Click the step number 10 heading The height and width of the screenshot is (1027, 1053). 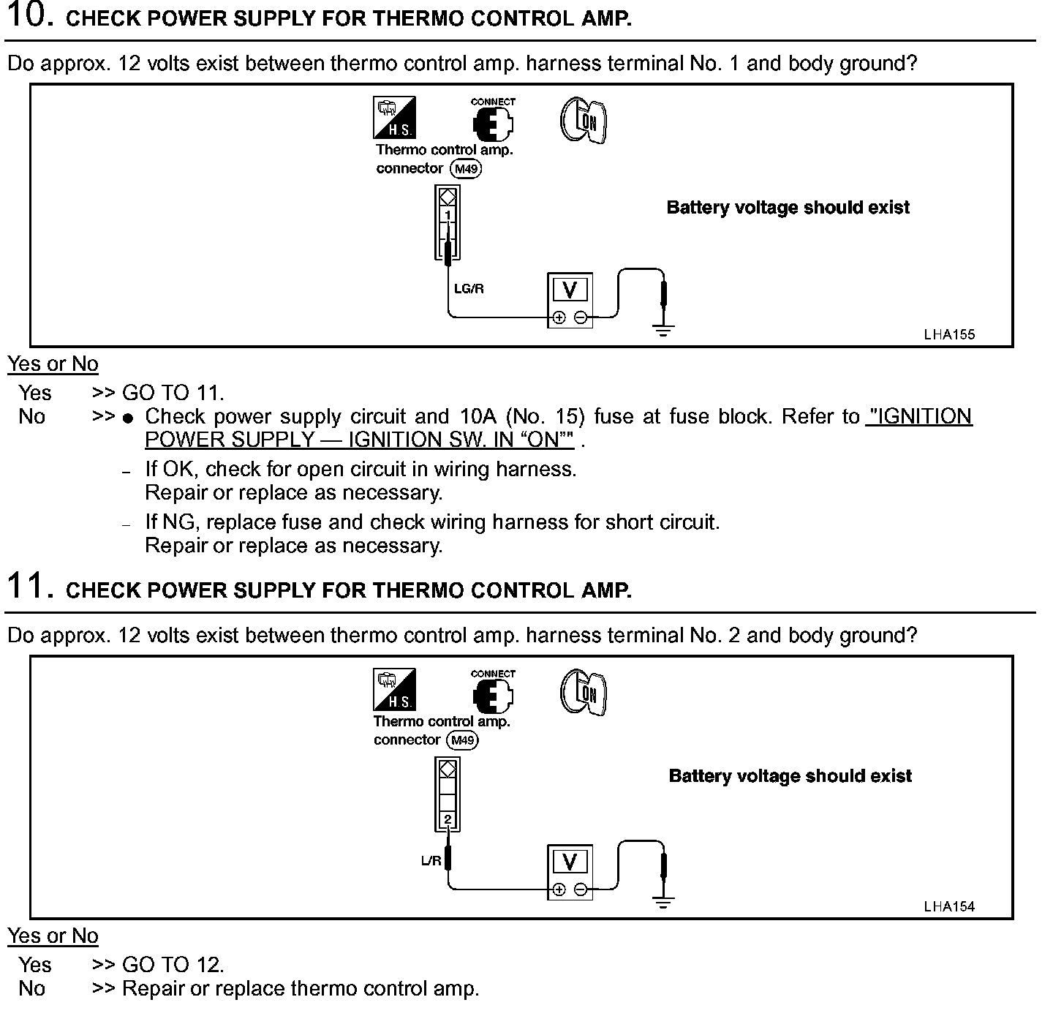click(x=29, y=15)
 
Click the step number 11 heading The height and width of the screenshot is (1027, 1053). click(x=29, y=587)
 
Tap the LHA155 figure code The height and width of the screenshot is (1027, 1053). click(x=949, y=334)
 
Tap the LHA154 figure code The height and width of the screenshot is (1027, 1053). click(x=949, y=906)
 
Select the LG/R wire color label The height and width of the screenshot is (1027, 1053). click(x=469, y=289)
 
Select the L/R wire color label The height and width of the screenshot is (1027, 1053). click(x=431, y=861)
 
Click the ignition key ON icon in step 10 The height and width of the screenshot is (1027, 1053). click(x=584, y=121)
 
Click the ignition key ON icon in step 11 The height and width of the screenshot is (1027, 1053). click(x=584, y=693)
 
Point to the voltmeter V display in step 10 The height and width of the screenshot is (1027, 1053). click(x=570, y=291)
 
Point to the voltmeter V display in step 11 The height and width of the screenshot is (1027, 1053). click(x=570, y=862)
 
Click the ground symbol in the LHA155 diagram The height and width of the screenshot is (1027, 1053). click(x=663, y=330)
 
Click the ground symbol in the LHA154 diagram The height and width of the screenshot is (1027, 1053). click(x=663, y=902)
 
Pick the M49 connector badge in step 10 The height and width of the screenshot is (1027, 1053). click(x=466, y=169)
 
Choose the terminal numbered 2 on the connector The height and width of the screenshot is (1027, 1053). click(x=448, y=819)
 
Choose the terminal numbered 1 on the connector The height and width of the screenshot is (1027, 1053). click(x=448, y=214)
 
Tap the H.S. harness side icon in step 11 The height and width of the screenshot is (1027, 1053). click(x=394, y=689)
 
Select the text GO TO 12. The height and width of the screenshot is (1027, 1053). click(x=173, y=965)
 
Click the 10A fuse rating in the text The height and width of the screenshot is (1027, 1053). click(x=476, y=416)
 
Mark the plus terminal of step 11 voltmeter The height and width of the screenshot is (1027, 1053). click(x=559, y=889)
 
